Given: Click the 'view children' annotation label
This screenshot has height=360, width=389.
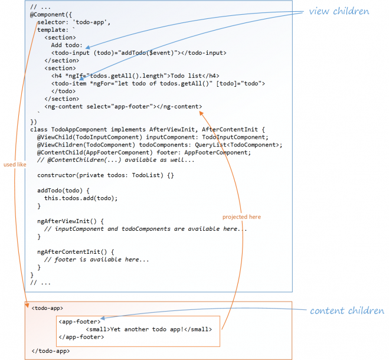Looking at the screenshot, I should (x=339, y=11).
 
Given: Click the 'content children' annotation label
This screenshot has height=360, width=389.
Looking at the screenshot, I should (x=346, y=311).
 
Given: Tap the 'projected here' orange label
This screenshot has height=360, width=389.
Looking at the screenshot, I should (x=241, y=217).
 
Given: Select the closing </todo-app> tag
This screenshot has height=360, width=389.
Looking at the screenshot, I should (x=51, y=351).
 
